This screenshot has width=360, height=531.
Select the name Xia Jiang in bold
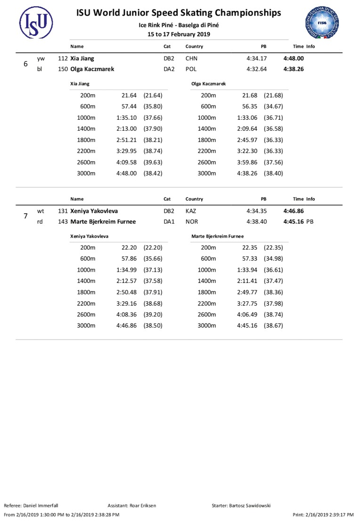tap(82, 58)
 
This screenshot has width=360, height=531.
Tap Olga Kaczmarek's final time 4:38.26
tap(293, 69)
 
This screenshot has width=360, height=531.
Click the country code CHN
tap(191, 58)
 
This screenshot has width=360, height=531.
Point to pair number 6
tap(25, 64)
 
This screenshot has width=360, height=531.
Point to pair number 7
tap(25, 216)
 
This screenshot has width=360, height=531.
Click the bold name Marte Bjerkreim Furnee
tap(103, 222)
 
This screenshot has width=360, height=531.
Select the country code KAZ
tap(191, 211)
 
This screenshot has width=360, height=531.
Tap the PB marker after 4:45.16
tap(310, 222)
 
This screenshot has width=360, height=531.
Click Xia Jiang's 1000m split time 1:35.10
tap(126, 118)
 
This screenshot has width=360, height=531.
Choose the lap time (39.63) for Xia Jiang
tap(153, 162)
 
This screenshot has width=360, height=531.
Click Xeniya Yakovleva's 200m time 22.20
tap(129, 248)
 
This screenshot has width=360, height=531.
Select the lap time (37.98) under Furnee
tap(273, 304)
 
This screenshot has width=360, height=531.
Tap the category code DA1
tap(169, 222)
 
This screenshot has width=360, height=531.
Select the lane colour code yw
tap(41, 58)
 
